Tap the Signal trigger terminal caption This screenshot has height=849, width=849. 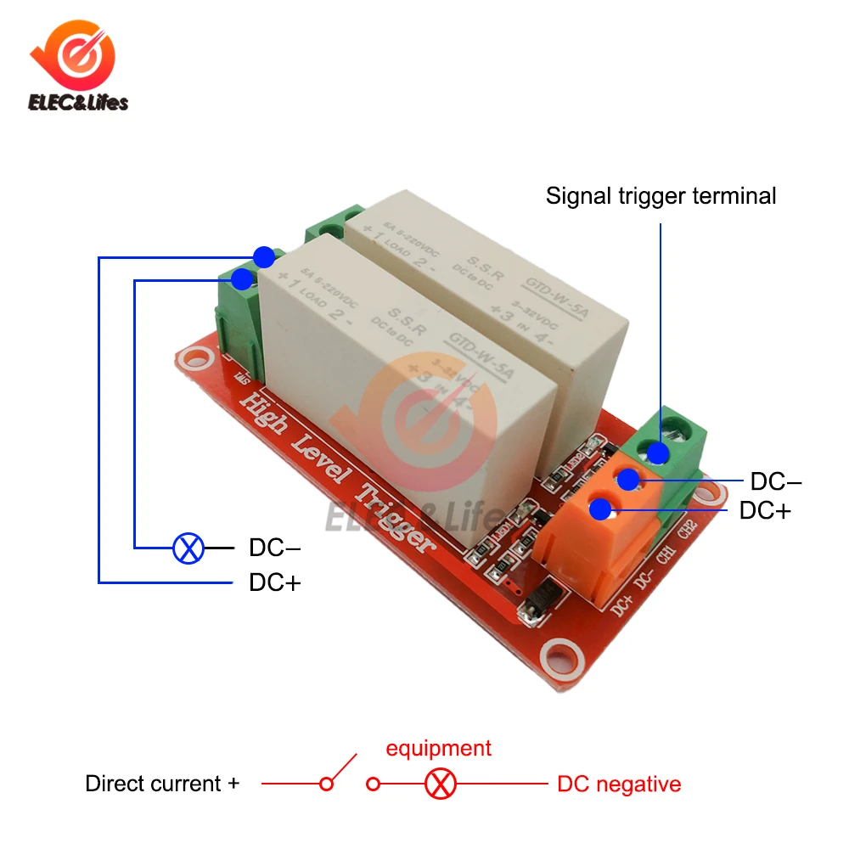coord(661,196)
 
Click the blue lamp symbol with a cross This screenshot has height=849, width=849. coord(188,548)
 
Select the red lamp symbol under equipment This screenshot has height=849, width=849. coord(440,784)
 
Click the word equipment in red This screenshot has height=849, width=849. coord(438,748)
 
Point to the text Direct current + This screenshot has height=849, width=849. coord(162,784)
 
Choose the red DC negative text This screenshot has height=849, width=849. coord(619,784)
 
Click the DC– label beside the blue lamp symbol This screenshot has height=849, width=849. coord(274,548)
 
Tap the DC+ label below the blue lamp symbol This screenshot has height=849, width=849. coord(275,583)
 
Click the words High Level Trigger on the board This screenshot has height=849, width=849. coord(340,468)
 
